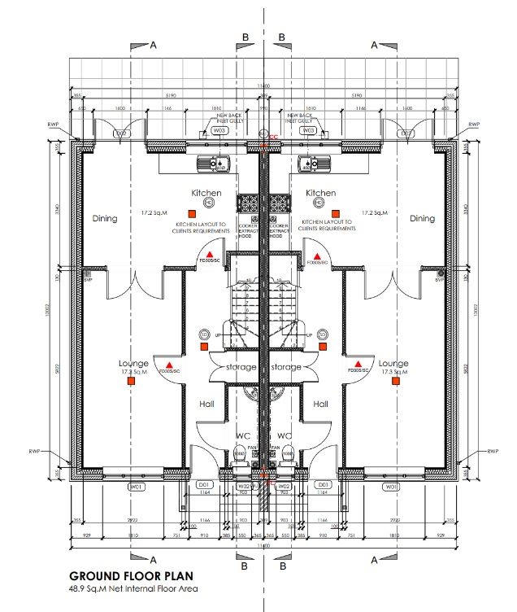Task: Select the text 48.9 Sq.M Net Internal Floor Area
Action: coord(132,588)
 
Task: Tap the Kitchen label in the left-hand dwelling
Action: coord(206,193)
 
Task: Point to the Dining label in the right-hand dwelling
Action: coord(422,218)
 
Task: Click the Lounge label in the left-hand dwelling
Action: coord(133,363)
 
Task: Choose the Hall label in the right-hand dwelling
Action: coord(320,404)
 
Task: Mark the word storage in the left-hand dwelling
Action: coord(241,367)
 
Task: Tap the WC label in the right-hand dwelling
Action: coord(285,435)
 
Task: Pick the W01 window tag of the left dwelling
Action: coord(136,487)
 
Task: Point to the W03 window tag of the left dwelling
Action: coord(218,130)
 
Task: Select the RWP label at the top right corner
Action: coord(474,125)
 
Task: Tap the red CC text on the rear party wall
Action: coord(273,137)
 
